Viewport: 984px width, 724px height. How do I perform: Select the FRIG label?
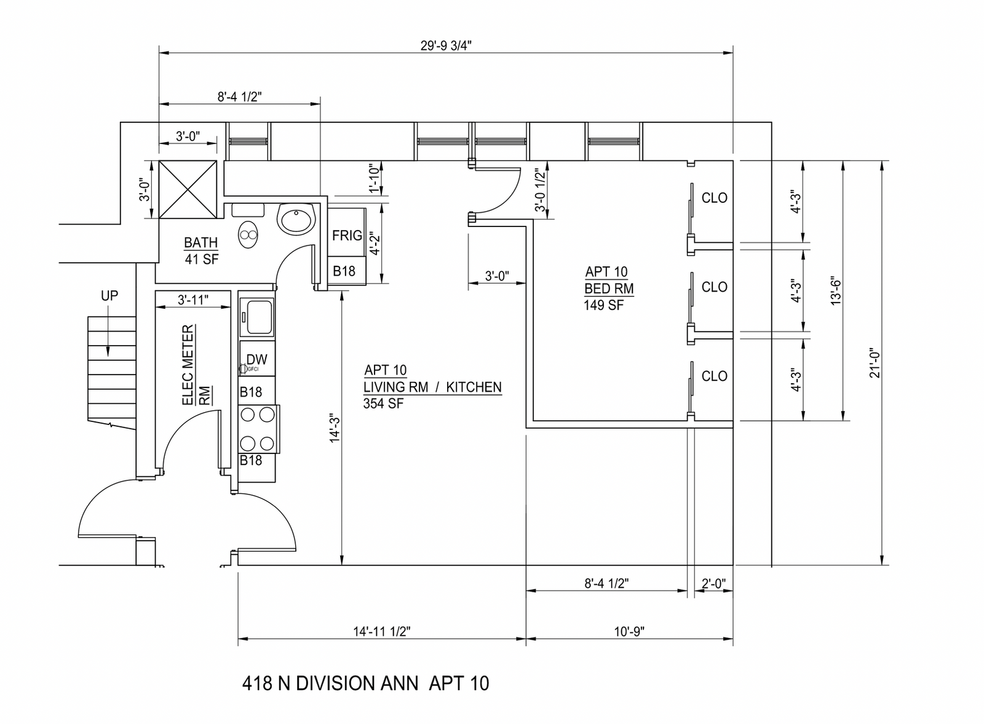point(347,236)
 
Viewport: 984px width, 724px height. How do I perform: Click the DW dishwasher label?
point(257,360)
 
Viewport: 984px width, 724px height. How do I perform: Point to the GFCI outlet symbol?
point(244,370)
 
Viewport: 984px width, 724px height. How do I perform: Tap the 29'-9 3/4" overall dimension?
point(446,46)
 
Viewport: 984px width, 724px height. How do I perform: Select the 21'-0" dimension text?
point(875,363)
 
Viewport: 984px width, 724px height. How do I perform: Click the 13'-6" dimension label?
point(836,292)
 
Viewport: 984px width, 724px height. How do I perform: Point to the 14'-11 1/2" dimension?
point(382,632)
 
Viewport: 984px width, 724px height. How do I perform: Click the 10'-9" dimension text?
point(629,632)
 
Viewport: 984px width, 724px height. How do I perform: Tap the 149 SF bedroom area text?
point(603,305)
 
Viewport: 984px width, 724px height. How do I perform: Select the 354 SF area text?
point(383,404)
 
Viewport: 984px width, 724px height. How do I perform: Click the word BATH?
point(200,242)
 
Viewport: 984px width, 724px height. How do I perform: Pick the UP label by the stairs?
point(109,296)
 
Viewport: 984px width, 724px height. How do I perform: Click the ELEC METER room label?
point(188,365)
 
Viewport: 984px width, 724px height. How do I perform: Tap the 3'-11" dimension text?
point(193,300)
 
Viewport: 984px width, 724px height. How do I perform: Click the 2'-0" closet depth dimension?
point(714,583)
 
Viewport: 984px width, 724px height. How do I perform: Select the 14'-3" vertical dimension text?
point(335,428)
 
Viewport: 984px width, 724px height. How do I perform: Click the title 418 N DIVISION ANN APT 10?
point(365,683)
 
